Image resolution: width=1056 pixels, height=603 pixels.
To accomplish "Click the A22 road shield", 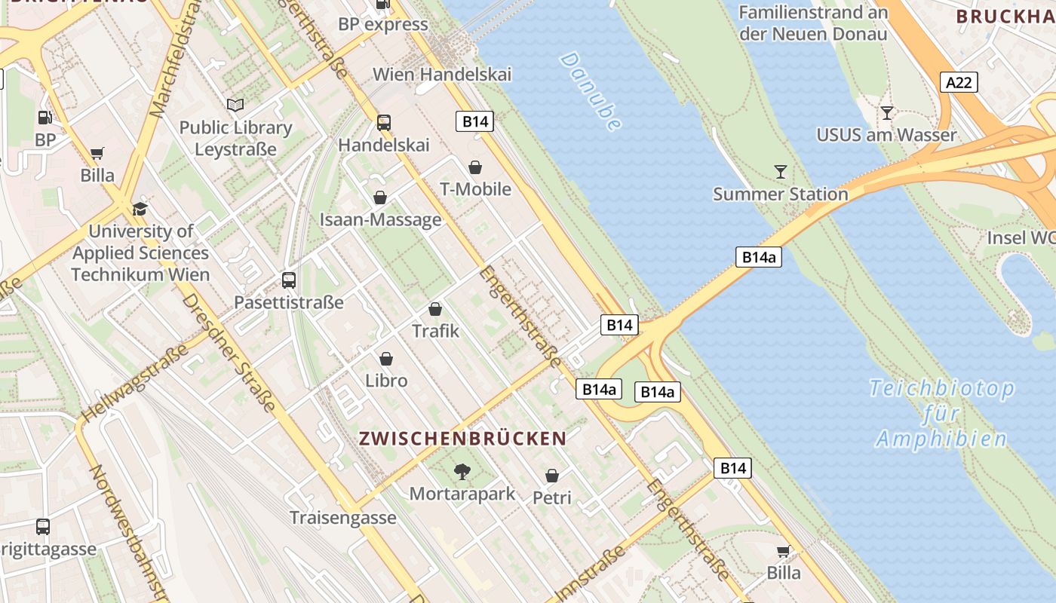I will coord(959,82).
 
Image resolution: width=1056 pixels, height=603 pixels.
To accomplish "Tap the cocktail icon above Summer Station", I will coord(781,172).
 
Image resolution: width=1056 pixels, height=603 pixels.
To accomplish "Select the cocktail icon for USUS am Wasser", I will coord(887,113).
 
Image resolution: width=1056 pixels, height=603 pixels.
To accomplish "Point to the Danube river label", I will coord(591,91).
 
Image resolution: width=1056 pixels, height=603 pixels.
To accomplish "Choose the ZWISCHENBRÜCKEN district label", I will coord(462,439).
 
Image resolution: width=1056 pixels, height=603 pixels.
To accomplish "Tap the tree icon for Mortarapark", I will coord(462,473).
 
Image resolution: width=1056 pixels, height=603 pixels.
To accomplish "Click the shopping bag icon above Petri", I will coord(552,476).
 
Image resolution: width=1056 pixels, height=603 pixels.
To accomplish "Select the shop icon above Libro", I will coord(386,359).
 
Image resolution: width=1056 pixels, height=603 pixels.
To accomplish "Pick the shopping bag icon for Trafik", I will coord(435,309).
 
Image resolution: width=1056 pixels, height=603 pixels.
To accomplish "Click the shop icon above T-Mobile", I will coord(475,167).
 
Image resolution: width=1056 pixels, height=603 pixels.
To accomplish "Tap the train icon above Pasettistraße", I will coord(289,280).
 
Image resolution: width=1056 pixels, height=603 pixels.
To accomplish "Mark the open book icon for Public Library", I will coord(235,106).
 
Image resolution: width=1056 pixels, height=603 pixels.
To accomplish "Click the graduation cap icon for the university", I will coord(140,209).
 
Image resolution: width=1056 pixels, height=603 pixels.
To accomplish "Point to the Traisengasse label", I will coord(343,518).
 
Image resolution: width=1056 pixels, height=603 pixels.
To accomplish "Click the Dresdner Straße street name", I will coord(229,353).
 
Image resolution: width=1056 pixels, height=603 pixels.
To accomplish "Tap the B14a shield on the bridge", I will coord(758,257).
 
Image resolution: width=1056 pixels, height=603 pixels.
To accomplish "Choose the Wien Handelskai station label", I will coord(442,75).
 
